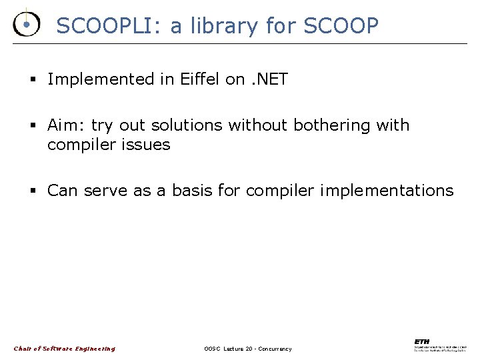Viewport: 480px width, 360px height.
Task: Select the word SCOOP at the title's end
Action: click(x=341, y=26)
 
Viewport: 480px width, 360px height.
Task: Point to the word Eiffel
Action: click(x=200, y=79)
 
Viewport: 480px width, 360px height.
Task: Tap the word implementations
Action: click(x=387, y=191)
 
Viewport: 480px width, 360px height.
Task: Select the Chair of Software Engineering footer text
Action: click(x=64, y=349)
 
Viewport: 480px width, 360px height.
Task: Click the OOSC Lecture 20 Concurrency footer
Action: click(x=247, y=349)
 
